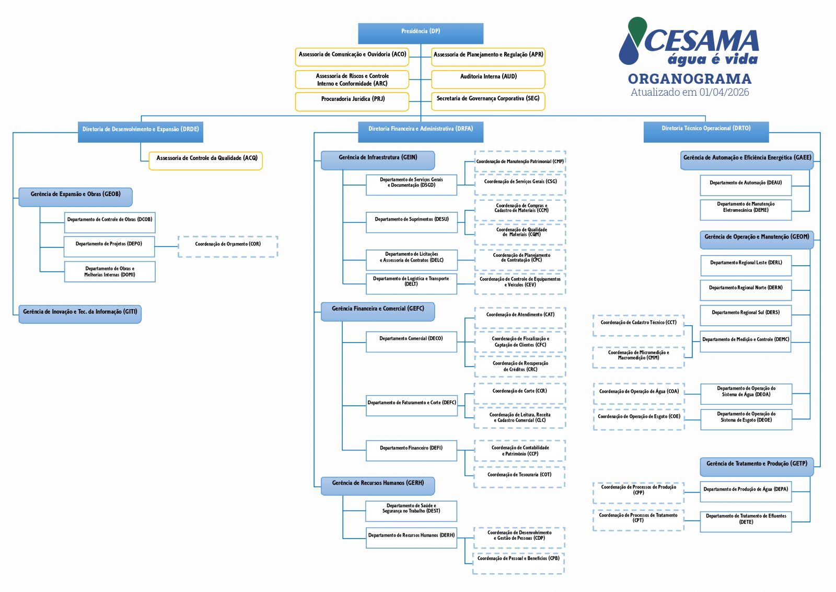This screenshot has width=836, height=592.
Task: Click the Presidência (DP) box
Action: tap(420, 33)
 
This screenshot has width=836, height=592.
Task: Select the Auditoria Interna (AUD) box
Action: tap(488, 78)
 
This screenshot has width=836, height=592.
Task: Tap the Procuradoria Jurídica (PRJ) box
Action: tap(352, 101)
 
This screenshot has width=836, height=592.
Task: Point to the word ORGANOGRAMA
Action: tap(690, 79)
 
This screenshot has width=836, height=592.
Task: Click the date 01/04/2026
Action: tap(724, 93)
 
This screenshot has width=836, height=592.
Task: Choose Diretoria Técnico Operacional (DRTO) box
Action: tap(706, 131)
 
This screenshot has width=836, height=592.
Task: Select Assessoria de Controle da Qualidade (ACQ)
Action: tap(206, 160)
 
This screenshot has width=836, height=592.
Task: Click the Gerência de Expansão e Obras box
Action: tap(76, 197)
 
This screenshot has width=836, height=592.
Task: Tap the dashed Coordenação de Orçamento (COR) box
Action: tap(228, 246)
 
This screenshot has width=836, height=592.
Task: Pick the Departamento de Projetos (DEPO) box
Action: tap(109, 246)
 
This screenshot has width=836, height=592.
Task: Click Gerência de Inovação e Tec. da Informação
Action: tap(80, 314)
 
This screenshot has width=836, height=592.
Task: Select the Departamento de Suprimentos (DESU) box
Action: tap(411, 222)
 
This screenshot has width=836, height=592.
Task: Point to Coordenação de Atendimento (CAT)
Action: tap(520, 317)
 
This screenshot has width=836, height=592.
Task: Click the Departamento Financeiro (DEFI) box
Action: tap(411, 450)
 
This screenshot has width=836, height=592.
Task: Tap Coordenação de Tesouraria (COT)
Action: tap(519, 477)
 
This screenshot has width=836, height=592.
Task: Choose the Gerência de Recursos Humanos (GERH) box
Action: tap(378, 485)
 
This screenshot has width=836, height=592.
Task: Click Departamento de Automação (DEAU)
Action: tap(746, 185)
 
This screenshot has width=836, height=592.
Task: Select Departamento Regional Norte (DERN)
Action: tap(746, 290)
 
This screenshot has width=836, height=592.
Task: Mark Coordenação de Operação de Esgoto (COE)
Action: tap(638, 419)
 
